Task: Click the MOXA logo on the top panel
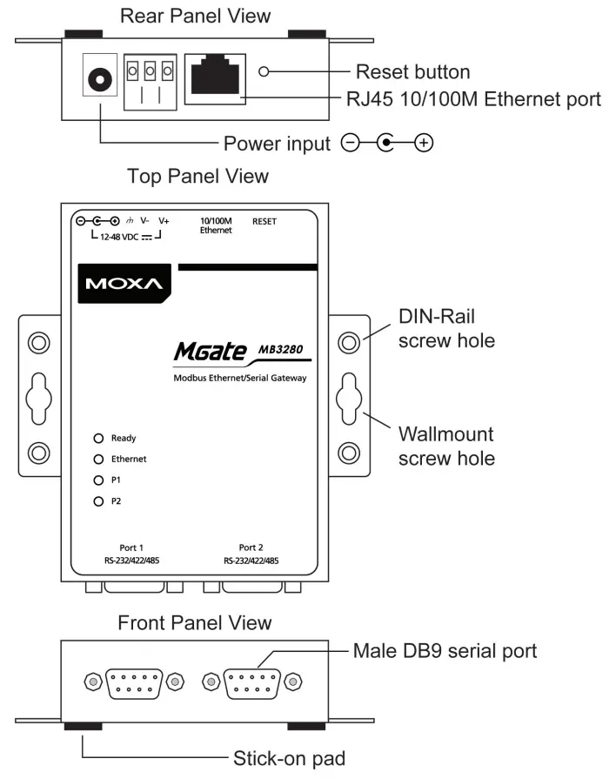tap(124, 285)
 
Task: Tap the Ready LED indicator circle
tap(99, 438)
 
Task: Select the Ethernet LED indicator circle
tap(99, 459)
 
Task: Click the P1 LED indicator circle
tap(99, 480)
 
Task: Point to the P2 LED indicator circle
tap(99, 501)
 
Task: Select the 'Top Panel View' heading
tap(198, 177)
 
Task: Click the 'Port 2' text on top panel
tap(251, 547)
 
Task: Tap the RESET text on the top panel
tap(264, 222)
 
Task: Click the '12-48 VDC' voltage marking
tap(119, 236)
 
